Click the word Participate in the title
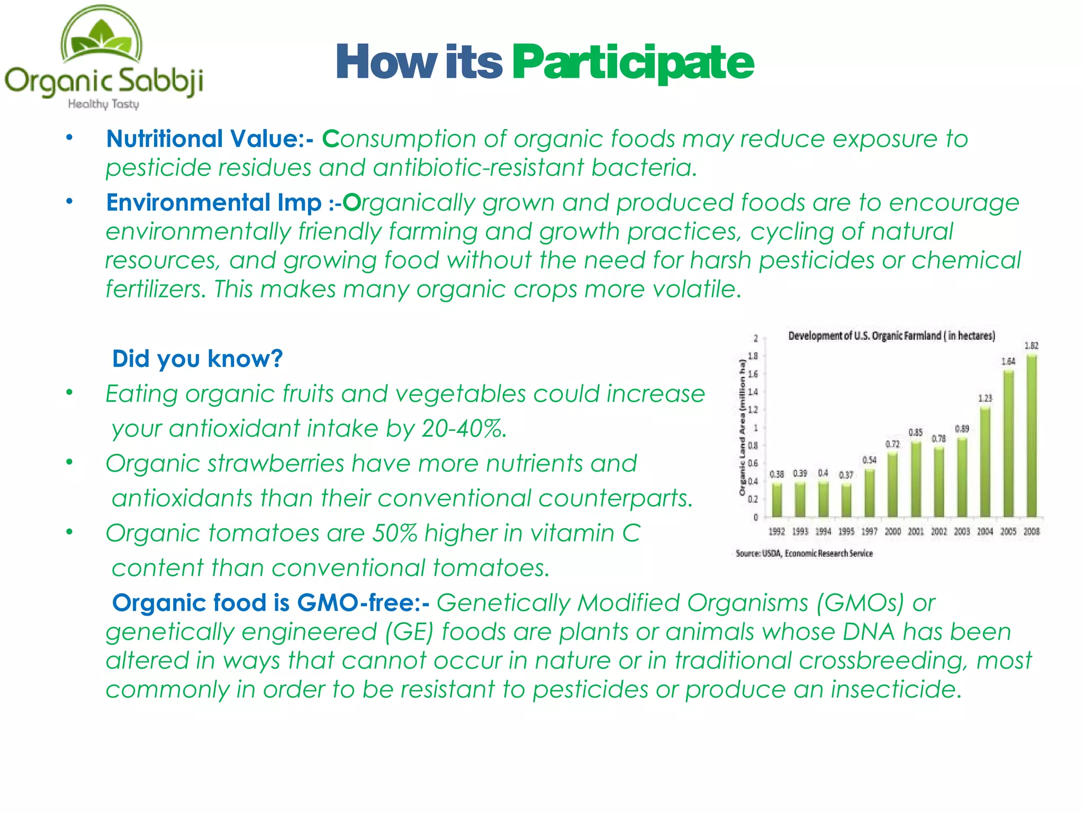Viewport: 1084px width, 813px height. coord(633,62)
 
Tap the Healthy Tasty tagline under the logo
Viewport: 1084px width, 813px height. coord(103,104)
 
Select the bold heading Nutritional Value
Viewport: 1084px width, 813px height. coord(204,139)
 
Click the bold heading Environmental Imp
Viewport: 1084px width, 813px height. coord(214,203)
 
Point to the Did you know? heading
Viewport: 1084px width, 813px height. coord(197,359)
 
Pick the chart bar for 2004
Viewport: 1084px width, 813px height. coord(985,462)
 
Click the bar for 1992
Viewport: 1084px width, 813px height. coord(776,500)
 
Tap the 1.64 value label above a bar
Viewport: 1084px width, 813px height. coord(1008,362)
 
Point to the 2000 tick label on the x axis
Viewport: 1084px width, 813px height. coord(892,531)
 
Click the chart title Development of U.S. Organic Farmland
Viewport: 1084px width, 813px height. coord(891,336)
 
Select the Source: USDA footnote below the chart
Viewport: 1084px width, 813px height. coord(803,554)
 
